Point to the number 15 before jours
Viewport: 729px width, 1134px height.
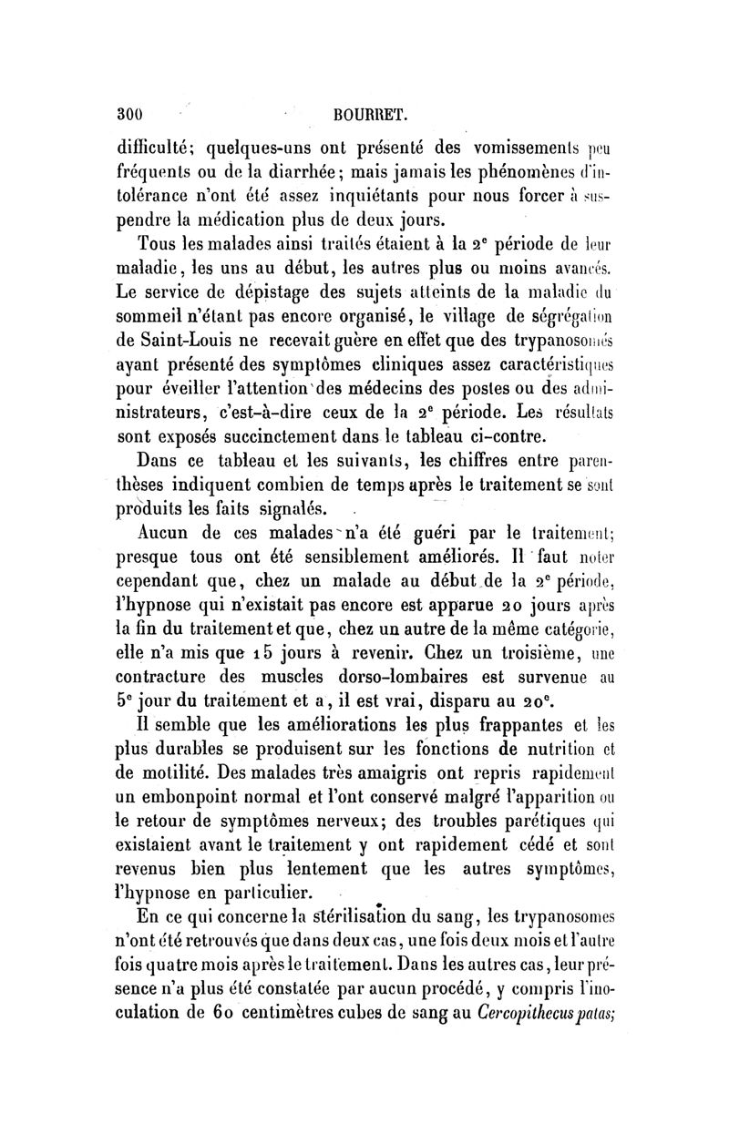242,652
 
